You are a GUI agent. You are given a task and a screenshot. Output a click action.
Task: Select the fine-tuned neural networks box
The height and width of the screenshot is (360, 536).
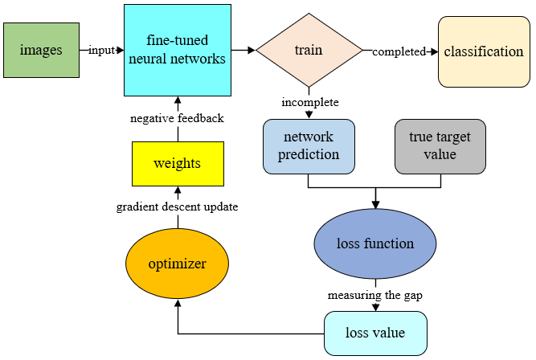pos(178,50)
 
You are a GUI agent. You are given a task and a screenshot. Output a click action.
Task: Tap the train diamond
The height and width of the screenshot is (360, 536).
pos(309,50)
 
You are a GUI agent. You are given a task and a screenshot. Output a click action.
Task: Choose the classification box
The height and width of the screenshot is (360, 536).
pos(483,52)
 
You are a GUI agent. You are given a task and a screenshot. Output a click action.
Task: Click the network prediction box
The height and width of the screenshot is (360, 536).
pos(309,147)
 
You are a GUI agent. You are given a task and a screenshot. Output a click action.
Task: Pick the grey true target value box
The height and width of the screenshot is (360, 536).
pos(440,147)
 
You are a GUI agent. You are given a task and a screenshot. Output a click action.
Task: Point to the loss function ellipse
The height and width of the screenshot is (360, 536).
pos(374,243)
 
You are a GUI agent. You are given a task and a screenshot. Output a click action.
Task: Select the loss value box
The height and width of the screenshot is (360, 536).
pos(374,333)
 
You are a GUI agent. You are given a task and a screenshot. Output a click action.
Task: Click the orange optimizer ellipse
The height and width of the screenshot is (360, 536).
pos(177,264)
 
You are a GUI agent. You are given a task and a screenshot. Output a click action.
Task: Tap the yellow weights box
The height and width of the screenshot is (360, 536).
pos(177,163)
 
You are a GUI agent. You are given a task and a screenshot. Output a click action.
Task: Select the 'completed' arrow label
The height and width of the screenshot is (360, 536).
pos(399,52)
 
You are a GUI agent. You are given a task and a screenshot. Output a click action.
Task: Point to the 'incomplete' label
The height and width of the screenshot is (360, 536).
pos(309,103)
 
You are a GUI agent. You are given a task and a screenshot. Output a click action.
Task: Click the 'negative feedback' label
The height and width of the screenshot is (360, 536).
pos(177,118)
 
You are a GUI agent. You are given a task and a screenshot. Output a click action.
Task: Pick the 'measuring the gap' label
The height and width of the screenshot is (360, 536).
pos(374,295)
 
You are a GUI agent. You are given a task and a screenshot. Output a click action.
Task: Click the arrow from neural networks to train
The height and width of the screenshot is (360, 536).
pos(243,51)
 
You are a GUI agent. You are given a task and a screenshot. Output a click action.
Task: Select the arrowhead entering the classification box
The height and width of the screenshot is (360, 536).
pos(434,52)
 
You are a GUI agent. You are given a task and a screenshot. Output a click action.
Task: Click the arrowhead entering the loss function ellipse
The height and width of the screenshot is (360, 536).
pos(374,207)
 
